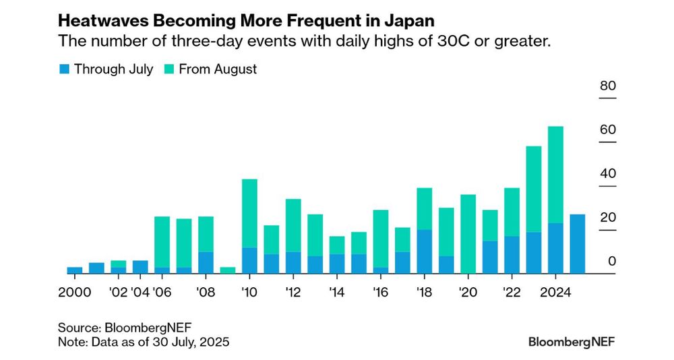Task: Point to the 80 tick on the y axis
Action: (607, 86)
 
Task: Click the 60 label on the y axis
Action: (607, 130)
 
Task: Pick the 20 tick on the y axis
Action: (607, 218)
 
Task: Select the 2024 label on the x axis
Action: (555, 293)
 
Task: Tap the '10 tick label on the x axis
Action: (249, 293)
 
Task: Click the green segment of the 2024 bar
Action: (555, 174)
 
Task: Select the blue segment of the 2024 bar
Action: (555, 248)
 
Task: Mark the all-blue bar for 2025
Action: (577, 244)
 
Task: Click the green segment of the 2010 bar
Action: (249, 213)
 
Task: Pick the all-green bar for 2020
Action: (468, 234)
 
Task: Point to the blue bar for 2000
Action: (74, 270)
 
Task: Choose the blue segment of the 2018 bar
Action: (424, 251)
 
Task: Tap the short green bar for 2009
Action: (228, 270)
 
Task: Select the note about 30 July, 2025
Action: (144, 342)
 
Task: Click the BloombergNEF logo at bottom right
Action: (572, 342)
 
